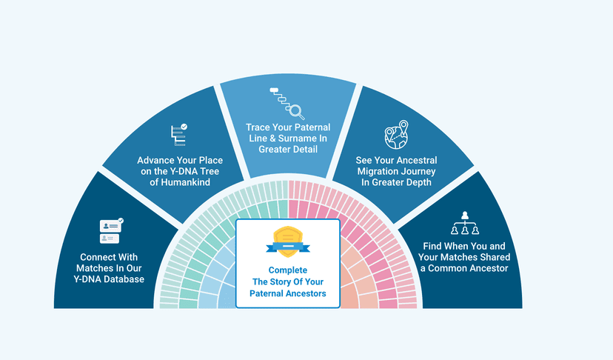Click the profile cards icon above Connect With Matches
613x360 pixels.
110,230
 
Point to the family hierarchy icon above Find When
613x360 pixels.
465,224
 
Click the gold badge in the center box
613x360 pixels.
288,239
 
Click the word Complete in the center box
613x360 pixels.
288,270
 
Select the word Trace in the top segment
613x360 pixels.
258,127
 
